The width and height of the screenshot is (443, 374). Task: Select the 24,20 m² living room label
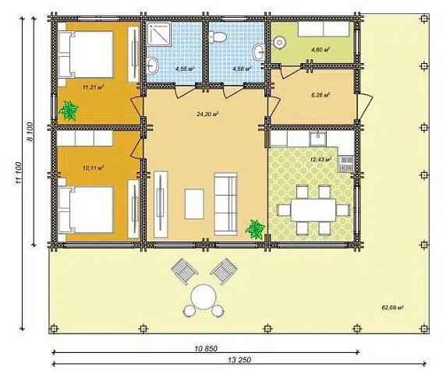pos(207,114)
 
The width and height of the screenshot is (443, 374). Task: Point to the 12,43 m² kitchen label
pos(321,160)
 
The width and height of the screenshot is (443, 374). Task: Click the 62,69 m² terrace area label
pos(392,308)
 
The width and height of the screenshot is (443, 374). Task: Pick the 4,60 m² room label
pos(321,50)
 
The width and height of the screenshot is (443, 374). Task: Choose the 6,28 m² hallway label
pos(321,95)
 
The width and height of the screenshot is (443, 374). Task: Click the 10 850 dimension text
pos(206,348)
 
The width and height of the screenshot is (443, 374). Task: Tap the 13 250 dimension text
pos(239,360)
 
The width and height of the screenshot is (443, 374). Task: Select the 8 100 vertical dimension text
pos(30,132)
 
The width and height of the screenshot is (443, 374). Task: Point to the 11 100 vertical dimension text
pos(19,173)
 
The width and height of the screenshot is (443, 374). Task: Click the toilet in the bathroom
pos(218,37)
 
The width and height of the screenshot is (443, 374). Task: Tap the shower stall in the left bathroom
pos(159,34)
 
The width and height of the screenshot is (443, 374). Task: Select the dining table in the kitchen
pos(314,210)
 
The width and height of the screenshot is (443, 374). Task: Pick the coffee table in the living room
pos(194,204)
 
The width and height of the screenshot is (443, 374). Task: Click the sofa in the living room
pos(225,204)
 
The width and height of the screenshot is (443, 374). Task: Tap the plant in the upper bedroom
pos(69,111)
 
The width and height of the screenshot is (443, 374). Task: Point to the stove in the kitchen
pos(346,164)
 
